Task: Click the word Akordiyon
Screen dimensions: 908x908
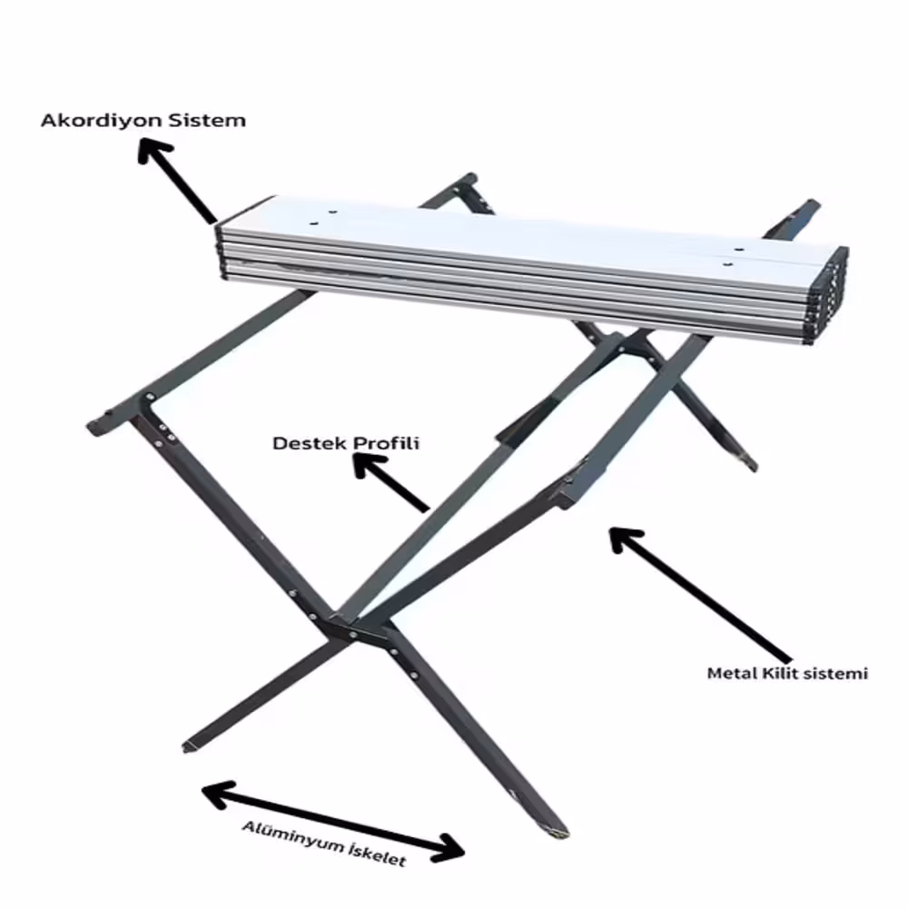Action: click(x=103, y=121)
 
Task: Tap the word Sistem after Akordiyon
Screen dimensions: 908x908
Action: click(x=208, y=121)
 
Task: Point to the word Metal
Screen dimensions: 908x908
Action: click(x=732, y=674)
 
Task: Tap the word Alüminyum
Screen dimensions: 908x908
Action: click(x=293, y=835)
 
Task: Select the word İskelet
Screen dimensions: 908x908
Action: click(x=378, y=854)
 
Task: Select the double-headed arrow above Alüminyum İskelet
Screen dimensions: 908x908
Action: click(x=333, y=821)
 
